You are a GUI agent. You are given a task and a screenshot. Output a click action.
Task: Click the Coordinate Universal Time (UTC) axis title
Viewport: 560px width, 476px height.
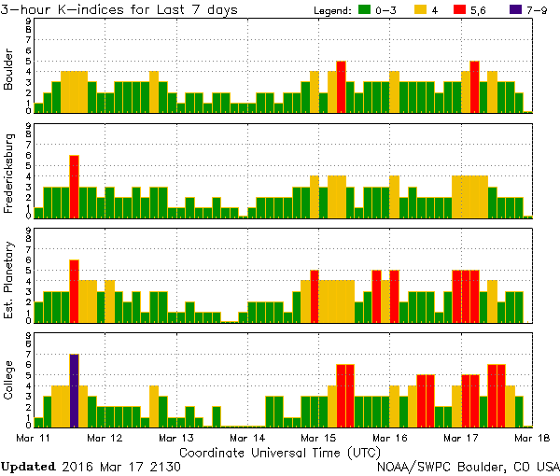[x=279, y=451]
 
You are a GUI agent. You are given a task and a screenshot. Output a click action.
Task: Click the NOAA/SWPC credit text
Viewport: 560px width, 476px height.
[x=467, y=465]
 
